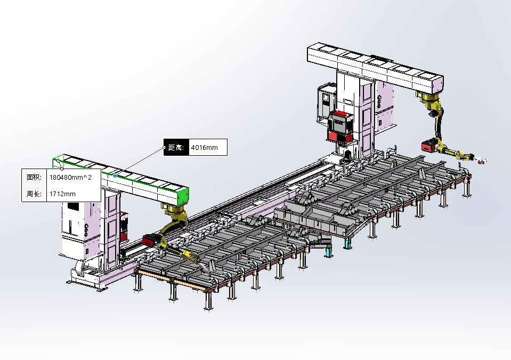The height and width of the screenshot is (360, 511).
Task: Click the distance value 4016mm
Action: click(x=204, y=147)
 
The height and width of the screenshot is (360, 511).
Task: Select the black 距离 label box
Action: click(x=176, y=147)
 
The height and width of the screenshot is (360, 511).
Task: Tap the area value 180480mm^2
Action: click(x=70, y=178)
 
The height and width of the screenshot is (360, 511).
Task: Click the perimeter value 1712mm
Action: click(x=62, y=194)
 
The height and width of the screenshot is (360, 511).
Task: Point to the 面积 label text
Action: click(x=34, y=177)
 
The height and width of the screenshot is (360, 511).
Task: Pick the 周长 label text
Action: click(x=34, y=194)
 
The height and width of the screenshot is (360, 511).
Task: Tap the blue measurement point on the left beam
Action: click(x=115, y=176)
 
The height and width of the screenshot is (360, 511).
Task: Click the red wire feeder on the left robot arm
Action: click(x=151, y=240)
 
